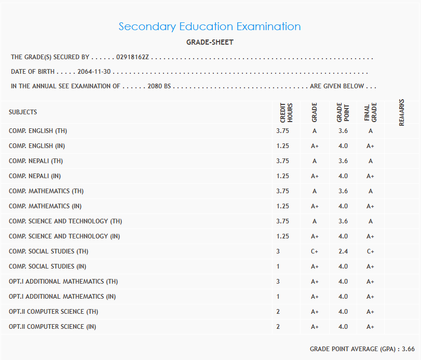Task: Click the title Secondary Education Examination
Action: [210, 26]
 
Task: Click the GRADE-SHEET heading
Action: [210, 42]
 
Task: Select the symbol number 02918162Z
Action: [132, 57]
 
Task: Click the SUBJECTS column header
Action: [23, 112]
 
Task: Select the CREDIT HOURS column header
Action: [287, 112]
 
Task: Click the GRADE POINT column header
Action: [343, 112]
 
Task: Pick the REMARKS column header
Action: [402, 112]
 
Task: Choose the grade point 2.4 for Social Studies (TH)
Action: [343, 251]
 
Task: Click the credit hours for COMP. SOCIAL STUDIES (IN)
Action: [278, 266]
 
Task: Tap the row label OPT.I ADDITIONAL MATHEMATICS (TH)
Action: [63, 282]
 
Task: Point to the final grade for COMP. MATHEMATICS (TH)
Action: [371, 191]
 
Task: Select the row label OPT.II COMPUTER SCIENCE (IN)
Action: [52, 327]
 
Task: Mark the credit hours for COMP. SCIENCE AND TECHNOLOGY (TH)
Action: [283, 221]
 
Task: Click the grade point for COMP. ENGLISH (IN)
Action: [343, 146]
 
